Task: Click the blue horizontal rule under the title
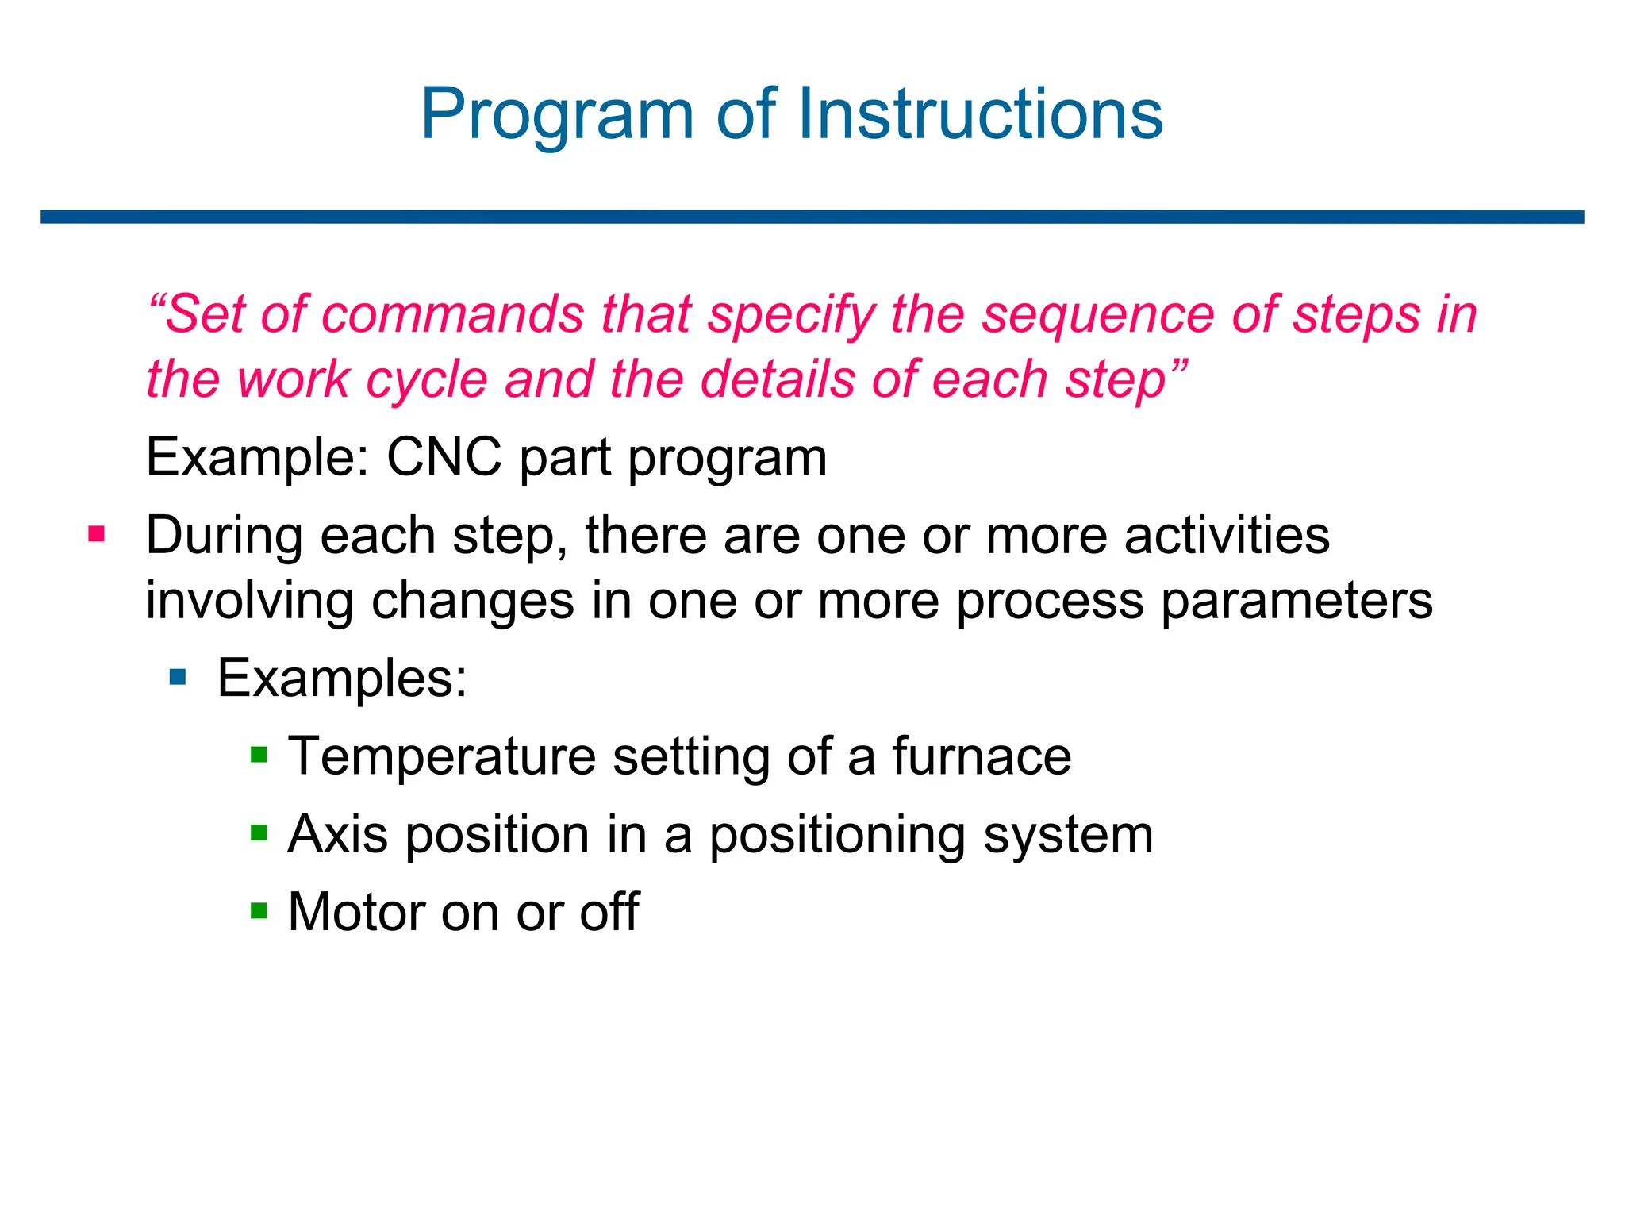click(x=812, y=217)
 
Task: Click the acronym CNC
click(x=444, y=457)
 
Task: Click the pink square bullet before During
click(x=97, y=533)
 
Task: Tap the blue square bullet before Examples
click(x=178, y=677)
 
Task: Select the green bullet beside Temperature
click(x=259, y=754)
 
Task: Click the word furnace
click(x=982, y=756)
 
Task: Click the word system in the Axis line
click(x=1068, y=836)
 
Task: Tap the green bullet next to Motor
click(x=259, y=909)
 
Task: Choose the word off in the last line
click(x=609, y=912)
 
